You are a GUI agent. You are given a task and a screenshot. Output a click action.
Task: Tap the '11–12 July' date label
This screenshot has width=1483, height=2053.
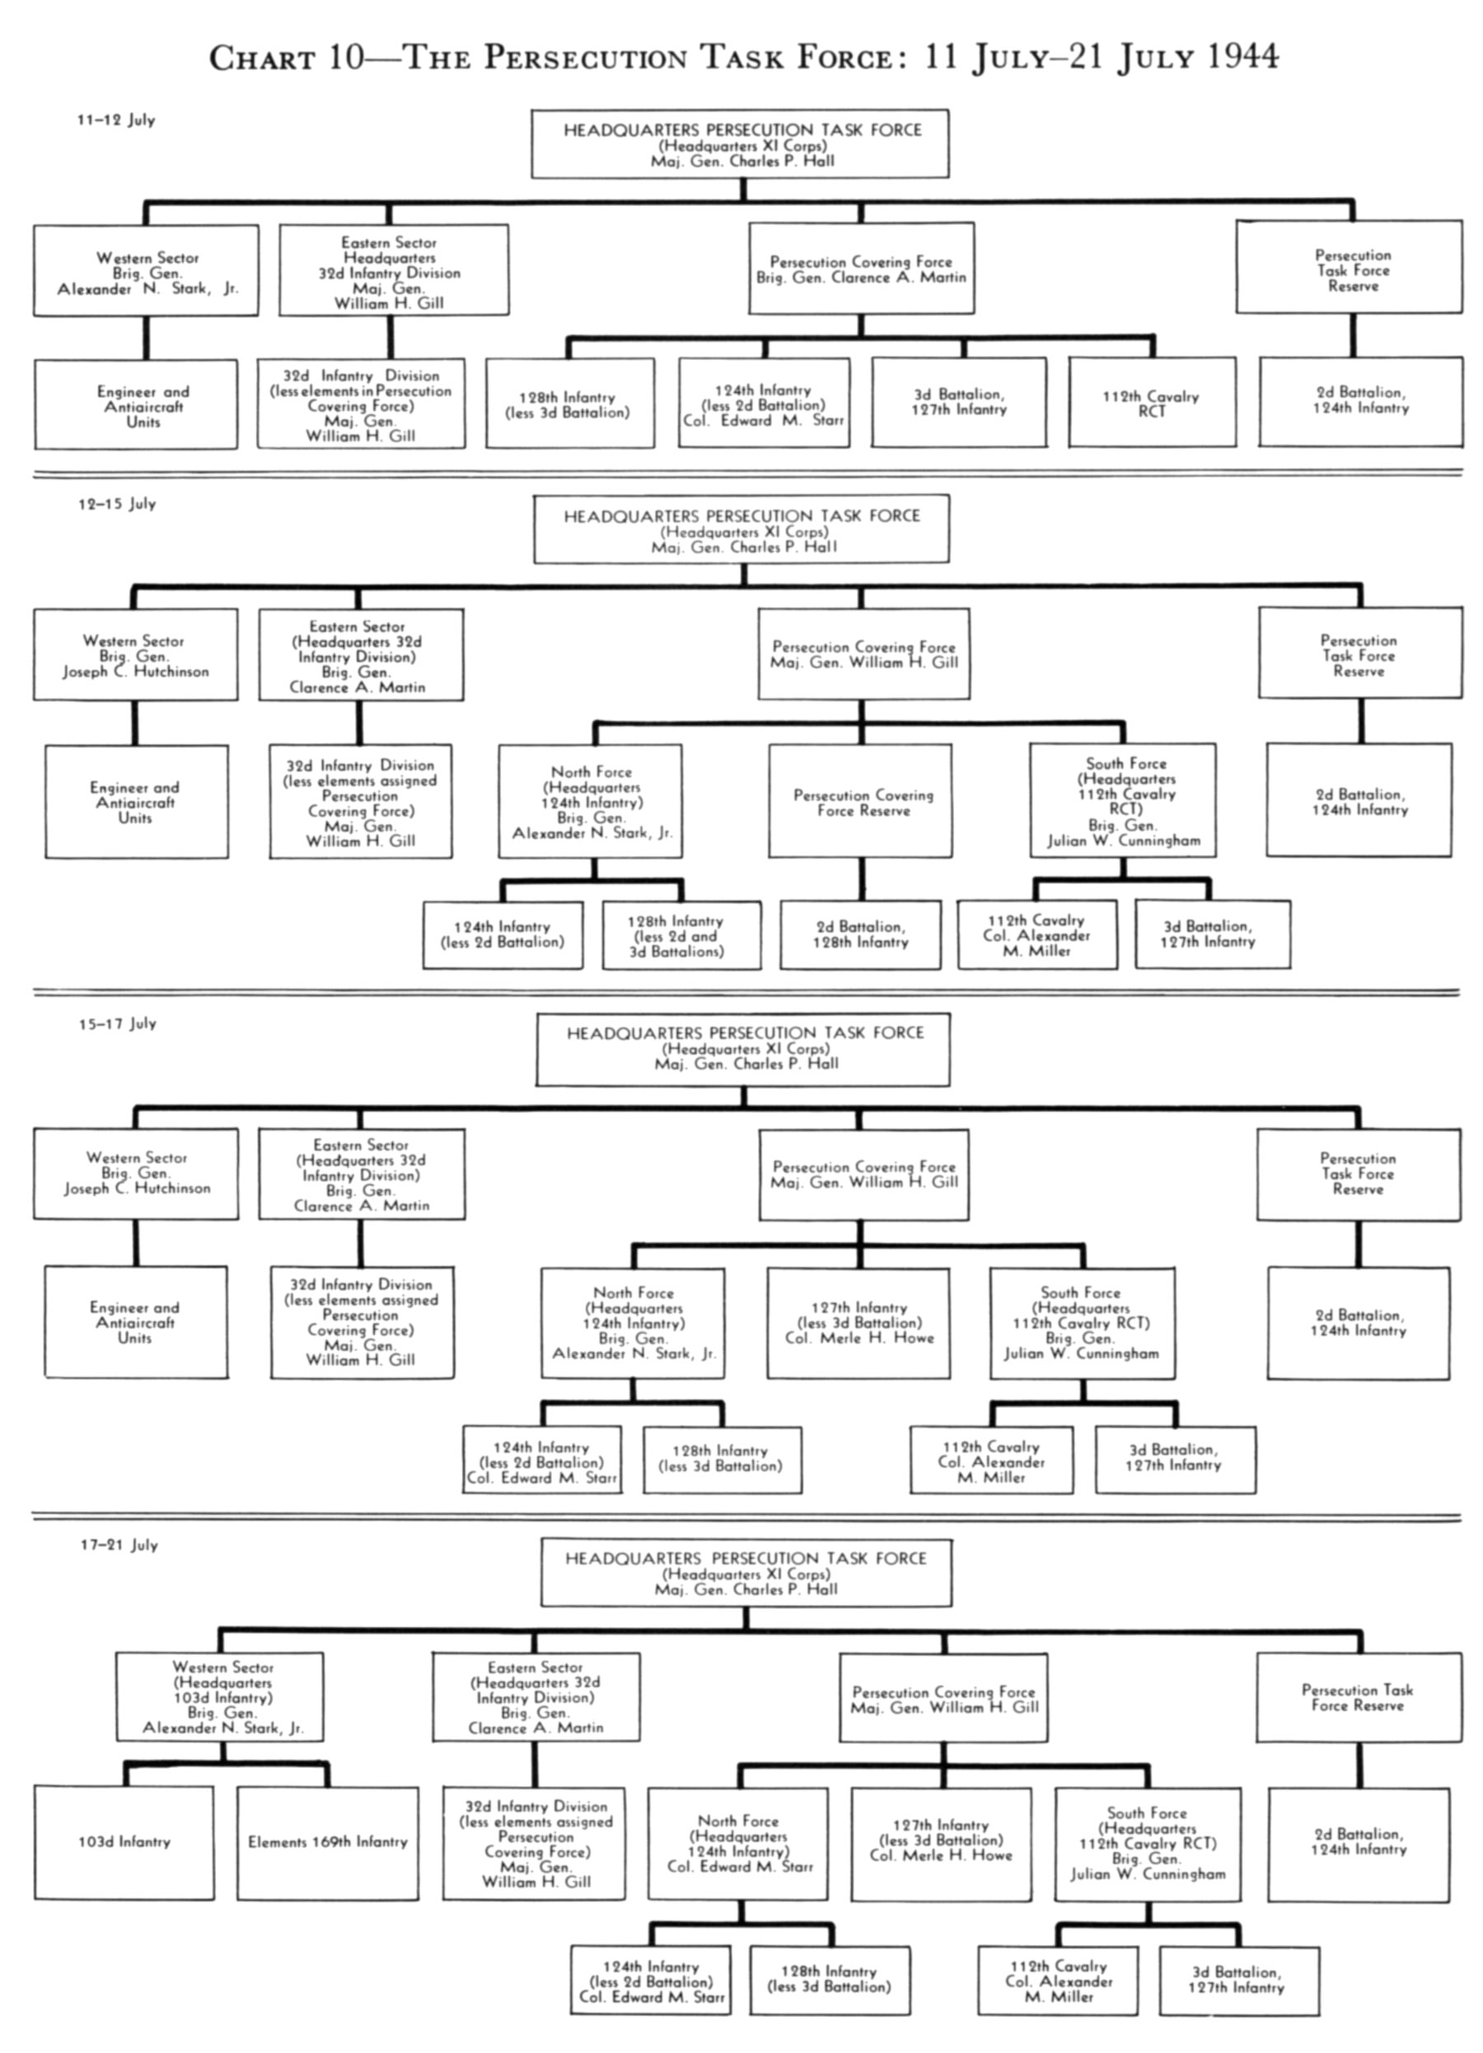116,119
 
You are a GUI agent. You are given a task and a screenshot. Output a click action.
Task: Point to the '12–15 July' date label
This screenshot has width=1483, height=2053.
117,503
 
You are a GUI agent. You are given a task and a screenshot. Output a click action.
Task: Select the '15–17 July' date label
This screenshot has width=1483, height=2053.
118,1023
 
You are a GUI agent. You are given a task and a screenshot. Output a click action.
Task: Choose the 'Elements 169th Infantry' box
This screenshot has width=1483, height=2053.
328,1842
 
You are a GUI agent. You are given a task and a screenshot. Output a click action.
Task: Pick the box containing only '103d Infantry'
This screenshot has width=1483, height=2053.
124,1842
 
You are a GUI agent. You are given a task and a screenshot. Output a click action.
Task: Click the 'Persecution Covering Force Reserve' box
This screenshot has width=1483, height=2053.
861,801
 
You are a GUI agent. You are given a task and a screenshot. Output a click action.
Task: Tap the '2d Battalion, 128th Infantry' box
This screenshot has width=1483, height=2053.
861,934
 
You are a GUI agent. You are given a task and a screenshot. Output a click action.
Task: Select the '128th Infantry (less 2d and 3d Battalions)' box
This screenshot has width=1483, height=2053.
681,935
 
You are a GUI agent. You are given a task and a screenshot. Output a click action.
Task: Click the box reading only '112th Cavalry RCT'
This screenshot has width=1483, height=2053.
1152,403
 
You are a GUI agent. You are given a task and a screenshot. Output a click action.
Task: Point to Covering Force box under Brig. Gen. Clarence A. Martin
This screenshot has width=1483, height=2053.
861,269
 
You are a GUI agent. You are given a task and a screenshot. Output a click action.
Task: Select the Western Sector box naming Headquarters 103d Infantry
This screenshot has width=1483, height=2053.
220,1695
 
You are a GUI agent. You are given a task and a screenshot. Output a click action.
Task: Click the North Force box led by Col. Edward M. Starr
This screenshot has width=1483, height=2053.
738,1843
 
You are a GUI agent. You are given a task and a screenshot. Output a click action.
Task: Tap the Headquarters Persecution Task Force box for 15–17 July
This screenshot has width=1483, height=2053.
743,1049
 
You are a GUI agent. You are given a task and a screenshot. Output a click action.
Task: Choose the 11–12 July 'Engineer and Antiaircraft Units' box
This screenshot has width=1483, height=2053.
136,405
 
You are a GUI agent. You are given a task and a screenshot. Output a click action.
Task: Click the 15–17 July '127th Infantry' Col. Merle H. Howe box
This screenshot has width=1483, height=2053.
859,1323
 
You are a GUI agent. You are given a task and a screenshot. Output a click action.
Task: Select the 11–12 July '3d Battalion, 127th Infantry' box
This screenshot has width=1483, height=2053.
959,402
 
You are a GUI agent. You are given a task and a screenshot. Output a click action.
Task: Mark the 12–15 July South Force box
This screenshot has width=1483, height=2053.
1123,800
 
